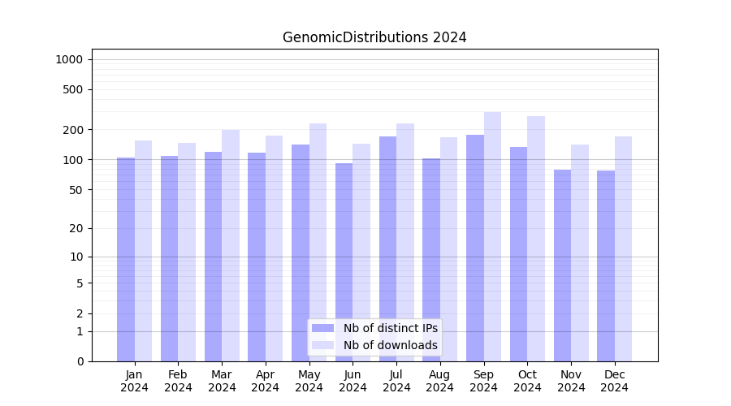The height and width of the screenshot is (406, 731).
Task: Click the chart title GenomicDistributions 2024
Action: pos(374,37)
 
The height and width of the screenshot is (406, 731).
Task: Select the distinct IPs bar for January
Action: pos(126,260)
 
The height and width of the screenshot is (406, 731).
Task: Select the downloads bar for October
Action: pos(536,239)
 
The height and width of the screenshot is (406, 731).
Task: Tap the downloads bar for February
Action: pos(187,252)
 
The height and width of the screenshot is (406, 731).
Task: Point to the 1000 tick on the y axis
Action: pos(69,59)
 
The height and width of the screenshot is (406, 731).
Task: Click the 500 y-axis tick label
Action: pos(73,89)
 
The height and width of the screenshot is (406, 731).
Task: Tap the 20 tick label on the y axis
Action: pos(76,228)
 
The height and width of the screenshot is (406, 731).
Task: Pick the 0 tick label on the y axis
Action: pos(80,361)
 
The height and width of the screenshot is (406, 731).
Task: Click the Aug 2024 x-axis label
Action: pos(440,381)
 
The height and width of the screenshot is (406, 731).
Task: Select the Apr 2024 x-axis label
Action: pos(266,381)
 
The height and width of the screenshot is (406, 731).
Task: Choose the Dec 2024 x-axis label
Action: pos(615,381)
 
